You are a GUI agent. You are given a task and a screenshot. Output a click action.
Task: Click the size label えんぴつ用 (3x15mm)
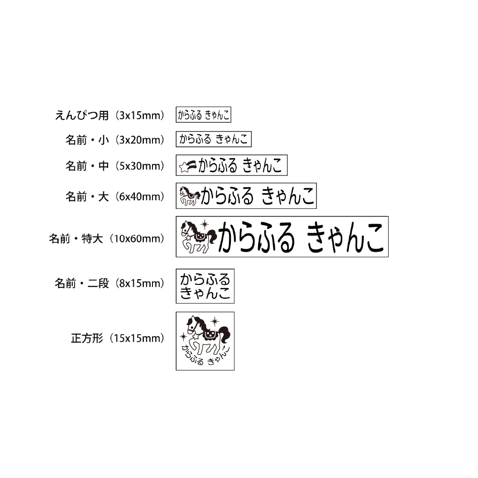click(x=110, y=115)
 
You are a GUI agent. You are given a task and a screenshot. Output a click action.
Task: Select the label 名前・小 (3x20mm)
click(x=115, y=140)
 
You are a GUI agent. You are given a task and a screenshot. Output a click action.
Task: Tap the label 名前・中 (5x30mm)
click(x=115, y=166)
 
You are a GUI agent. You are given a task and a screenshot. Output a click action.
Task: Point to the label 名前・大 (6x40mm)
click(x=115, y=196)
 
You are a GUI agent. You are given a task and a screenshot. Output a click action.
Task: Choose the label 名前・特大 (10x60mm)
click(x=107, y=239)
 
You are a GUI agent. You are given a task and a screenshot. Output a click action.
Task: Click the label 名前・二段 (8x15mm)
click(x=110, y=283)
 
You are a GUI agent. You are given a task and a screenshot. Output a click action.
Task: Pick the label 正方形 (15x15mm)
click(x=118, y=338)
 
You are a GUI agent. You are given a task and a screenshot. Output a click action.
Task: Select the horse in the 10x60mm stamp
click(x=199, y=237)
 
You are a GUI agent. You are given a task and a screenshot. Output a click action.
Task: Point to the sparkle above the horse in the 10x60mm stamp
click(x=205, y=225)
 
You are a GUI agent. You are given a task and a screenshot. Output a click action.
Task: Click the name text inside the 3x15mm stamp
click(x=203, y=115)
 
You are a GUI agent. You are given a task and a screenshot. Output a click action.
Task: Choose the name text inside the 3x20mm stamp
click(x=213, y=139)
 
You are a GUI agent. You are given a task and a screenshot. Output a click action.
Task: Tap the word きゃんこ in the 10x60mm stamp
click(x=345, y=237)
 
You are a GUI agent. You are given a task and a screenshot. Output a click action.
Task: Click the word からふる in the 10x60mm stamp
click(x=256, y=237)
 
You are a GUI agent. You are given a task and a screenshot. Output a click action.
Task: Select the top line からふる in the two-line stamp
click(x=205, y=279)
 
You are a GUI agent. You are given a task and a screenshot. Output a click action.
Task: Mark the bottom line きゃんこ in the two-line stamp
click(x=205, y=293)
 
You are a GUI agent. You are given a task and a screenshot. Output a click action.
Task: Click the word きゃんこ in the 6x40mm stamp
click(x=288, y=196)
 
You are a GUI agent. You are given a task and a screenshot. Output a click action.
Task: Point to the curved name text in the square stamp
click(x=205, y=356)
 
